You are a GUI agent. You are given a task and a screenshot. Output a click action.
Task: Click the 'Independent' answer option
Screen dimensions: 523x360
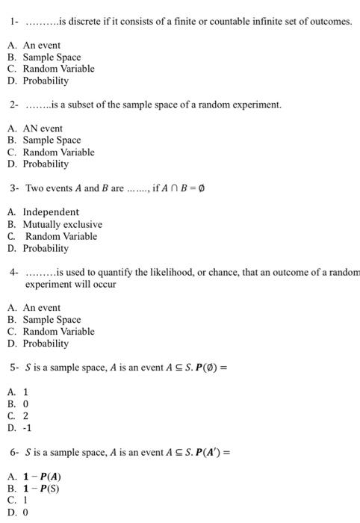[51, 212]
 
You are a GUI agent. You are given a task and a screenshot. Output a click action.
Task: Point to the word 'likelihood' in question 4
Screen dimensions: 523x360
[175, 273]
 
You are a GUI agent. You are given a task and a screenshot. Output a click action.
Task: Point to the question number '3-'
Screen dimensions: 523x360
[15, 188]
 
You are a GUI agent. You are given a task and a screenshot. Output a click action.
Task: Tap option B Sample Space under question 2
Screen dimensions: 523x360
[52, 140]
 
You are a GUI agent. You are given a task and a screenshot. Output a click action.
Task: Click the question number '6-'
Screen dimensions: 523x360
[15, 452]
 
